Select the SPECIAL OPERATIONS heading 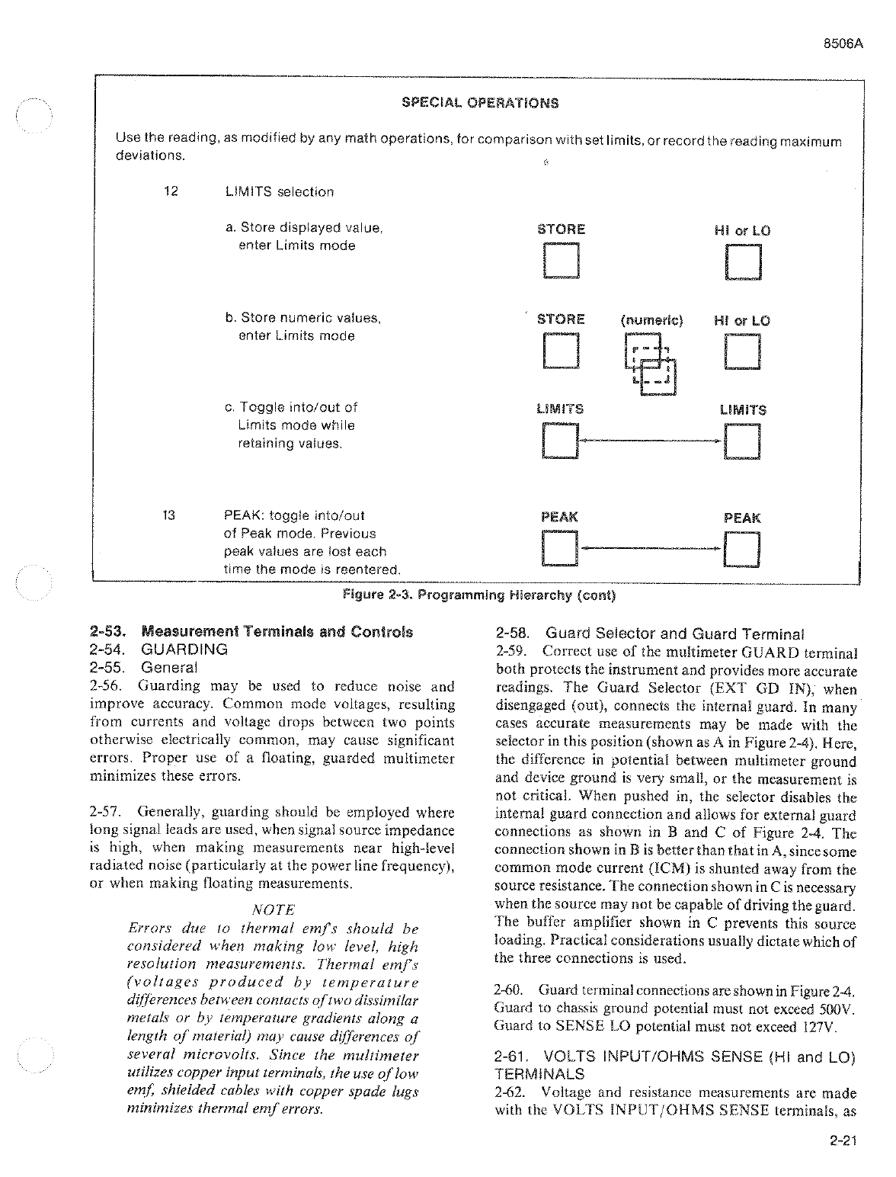[x=479, y=103]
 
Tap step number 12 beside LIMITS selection [x=171, y=191]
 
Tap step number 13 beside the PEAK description [x=169, y=515]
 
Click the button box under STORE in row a [x=561, y=261]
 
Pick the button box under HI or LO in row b [x=743, y=351]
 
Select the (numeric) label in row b [x=652, y=320]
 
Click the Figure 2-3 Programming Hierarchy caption [x=479, y=595]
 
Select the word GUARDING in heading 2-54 [x=184, y=649]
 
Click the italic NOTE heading [x=272, y=909]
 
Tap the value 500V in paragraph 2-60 [x=839, y=1009]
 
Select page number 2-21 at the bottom [x=841, y=1141]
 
